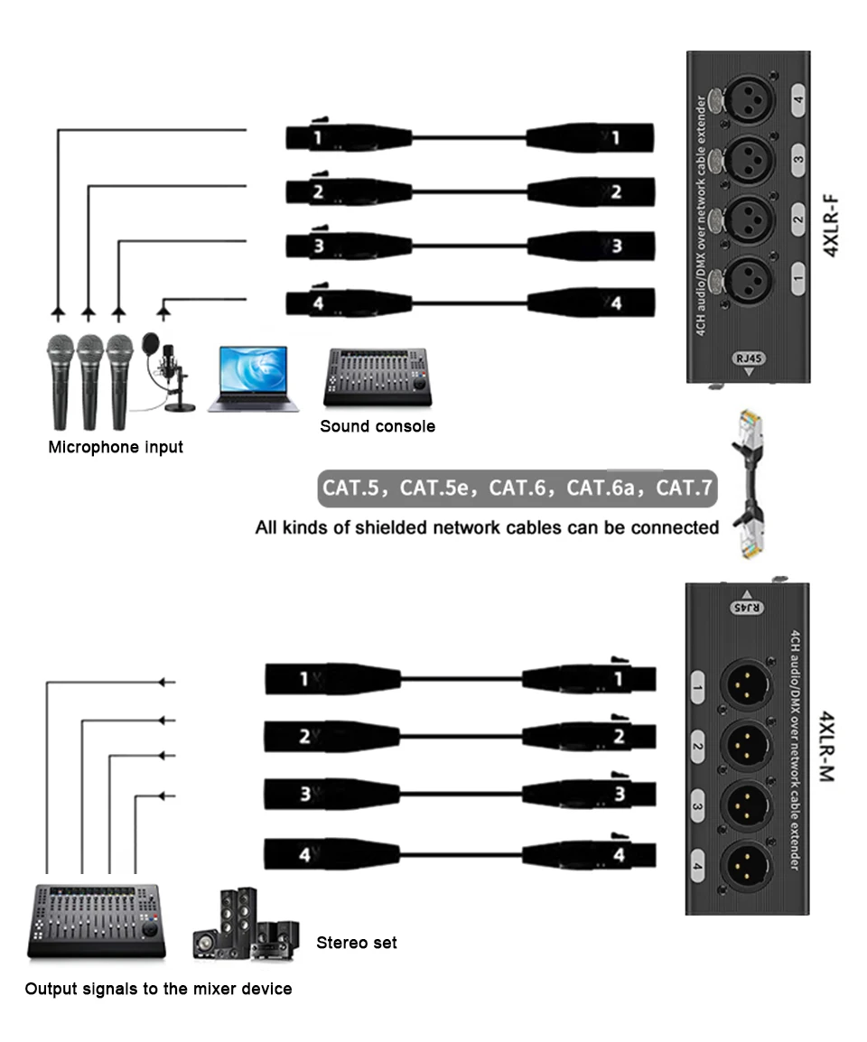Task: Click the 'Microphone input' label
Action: click(116, 447)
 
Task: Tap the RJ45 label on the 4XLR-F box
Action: click(749, 359)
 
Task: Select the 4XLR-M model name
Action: click(825, 748)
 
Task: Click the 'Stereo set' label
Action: click(357, 943)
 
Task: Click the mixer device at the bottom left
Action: click(97, 922)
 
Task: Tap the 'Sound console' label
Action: click(378, 426)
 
